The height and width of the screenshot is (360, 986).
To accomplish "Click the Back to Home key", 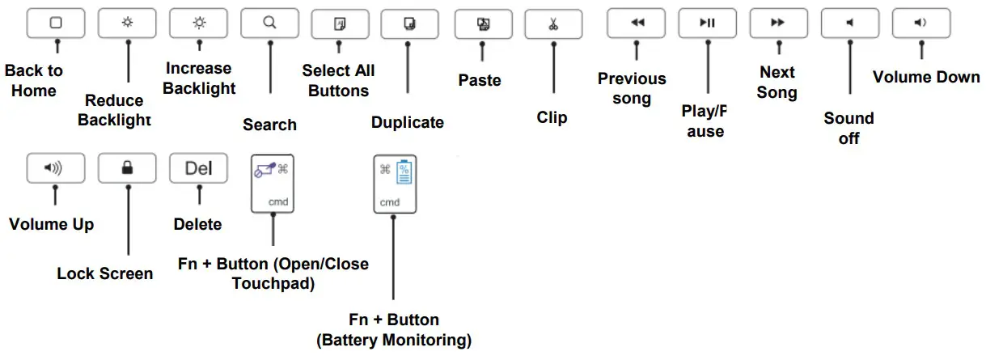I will pos(56,23).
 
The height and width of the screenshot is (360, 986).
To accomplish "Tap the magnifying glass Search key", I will pos(269,23).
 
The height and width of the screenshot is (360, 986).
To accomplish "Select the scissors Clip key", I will pos(553,23).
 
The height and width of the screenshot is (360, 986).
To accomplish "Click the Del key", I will pos(198,168).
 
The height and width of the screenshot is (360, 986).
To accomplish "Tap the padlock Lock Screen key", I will pos(127,168).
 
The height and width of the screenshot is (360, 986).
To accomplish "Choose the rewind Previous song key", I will pos(637,23).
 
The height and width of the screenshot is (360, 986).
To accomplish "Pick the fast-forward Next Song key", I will pos(778,23).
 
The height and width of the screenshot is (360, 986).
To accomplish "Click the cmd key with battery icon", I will pos(395,184).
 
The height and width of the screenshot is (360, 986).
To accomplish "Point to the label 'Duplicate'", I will pos(408,123).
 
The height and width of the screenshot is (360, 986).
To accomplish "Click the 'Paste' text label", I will pos(480,80).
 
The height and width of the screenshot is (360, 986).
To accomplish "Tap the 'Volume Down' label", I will pos(926,78).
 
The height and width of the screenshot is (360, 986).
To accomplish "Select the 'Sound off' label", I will pos(848,128).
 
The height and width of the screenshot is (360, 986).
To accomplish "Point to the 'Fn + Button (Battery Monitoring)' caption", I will pos(394,329).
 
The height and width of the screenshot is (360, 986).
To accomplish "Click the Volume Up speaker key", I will pos(56,168).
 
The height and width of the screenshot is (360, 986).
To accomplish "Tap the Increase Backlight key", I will pos(198,23).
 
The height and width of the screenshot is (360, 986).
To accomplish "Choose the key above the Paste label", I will pos(483,23).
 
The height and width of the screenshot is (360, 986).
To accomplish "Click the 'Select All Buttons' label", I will pos(339,81).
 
